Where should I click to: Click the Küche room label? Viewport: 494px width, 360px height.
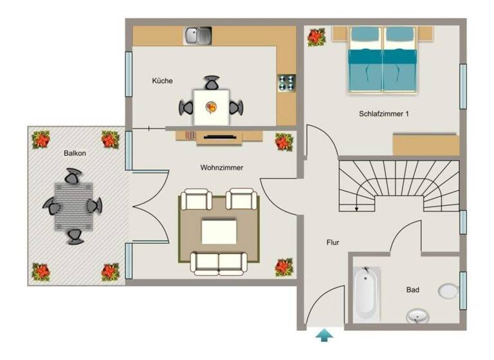point(162,80)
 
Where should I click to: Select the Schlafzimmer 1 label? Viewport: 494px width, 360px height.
point(383,114)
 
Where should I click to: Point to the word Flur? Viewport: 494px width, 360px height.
point(332,242)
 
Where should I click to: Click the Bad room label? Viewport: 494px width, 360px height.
point(412,290)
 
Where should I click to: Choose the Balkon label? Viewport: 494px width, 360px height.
point(75,154)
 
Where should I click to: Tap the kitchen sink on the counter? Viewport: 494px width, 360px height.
point(198,35)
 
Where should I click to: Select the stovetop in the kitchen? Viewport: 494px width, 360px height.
point(286,83)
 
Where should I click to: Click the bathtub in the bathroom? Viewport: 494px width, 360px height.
point(366,294)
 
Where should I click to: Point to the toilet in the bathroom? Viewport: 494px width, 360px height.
point(448,291)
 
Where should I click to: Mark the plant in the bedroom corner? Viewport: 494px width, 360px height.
point(316,37)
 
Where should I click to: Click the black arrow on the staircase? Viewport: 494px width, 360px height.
point(356,204)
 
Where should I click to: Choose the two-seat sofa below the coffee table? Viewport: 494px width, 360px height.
point(219,262)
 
